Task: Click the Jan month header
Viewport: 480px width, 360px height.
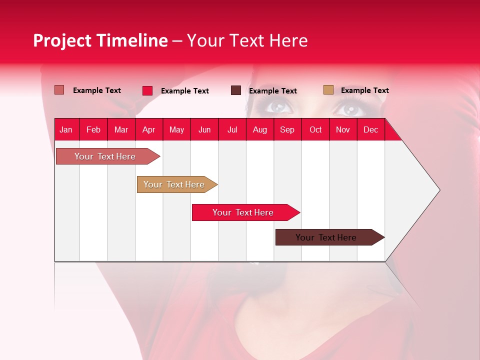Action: (66, 129)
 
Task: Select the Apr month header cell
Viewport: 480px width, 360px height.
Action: (149, 129)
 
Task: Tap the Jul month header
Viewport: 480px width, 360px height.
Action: (232, 129)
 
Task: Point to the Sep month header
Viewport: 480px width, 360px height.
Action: (287, 129)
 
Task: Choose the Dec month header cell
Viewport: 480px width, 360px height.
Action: (370, 129)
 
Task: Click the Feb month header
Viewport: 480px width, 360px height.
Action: (93, 129)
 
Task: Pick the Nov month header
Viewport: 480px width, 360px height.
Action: (343, 129)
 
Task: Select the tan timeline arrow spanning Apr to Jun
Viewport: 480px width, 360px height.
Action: (175, 184)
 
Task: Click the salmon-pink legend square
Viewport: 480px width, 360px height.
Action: (59, 90)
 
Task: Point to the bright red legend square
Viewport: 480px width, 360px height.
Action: (147, 90)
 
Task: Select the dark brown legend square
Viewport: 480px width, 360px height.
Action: (236, 90)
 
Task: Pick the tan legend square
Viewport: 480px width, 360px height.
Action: (328, 90)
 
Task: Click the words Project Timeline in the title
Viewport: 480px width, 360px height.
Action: (100, 40)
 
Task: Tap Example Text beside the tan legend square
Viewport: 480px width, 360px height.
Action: (364, 90)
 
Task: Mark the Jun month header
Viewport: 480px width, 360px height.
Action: (204, 129)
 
